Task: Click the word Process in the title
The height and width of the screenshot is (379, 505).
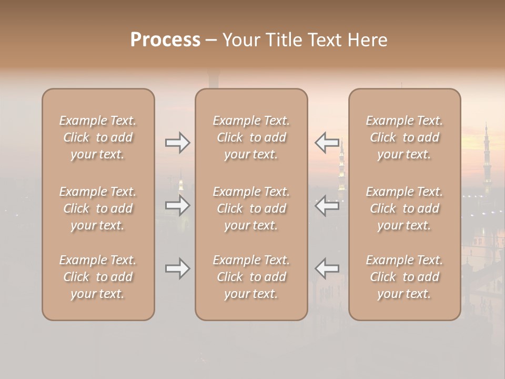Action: click(x=165, y=40)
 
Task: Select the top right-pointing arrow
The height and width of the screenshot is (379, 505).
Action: click(x=177, y=143)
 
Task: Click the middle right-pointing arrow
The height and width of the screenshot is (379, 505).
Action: click(x=177, y=205)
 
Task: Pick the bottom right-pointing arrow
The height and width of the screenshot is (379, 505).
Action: click(x=177, y=269)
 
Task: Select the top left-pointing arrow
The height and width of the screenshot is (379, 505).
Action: click(x=327, y=143)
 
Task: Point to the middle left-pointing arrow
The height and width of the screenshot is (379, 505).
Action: click(x=327, y=205)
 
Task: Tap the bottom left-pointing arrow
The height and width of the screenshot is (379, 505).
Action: click(x=327, y=269)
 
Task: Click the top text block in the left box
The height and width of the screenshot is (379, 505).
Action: click(x=98, y=137)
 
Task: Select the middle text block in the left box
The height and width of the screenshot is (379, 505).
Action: click(x=98, y=208)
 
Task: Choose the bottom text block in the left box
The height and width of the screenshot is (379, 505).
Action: click(x=98, y=277)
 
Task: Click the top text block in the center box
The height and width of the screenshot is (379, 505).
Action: click(x=251, y=137)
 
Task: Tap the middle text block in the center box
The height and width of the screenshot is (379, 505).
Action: click(x=251, y=208)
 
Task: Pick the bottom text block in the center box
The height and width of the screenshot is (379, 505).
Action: click(x=251, y=277)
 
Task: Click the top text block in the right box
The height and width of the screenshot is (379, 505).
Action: click(x=404, y=137)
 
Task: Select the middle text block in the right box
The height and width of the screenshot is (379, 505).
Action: click(x=404, y=208)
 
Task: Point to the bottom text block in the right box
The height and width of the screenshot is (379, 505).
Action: click(x=404, y=277)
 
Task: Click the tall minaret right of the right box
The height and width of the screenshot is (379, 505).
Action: click(x=487, y=158)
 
